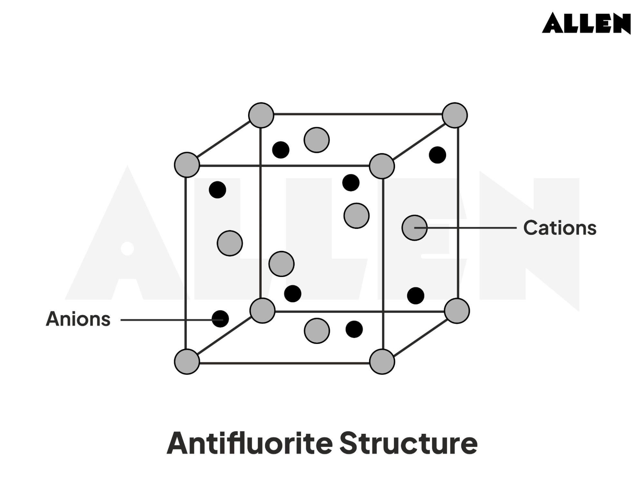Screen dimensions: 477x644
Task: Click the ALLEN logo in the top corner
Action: pos(586,23)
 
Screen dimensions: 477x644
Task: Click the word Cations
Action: pos(560,228)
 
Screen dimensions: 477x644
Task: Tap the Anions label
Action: pos(78,319)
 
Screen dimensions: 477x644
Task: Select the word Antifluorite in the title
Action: pos(249,444)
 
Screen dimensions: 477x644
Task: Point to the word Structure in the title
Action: pos(408,444)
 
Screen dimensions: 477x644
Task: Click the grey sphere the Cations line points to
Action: pos(414,228)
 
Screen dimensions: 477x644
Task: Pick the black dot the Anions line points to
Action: pos(220,319)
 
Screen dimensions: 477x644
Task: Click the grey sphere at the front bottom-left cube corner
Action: pos(187,361)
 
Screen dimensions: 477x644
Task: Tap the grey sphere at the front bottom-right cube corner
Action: pos(382,361)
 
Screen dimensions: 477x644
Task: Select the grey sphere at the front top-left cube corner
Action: pos(187,165)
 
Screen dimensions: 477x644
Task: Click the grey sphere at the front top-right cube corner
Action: pos(382,166)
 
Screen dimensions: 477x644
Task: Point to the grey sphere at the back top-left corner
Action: pos(261,115)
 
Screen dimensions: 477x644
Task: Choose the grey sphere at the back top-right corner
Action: pos(455,115)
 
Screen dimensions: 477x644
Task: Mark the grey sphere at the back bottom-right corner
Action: pos(457,311)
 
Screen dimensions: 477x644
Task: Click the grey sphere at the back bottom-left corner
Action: pos(263,310)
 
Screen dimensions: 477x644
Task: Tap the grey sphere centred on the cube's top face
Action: pos(317,140)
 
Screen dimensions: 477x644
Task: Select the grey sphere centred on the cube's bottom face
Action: pos(317,331)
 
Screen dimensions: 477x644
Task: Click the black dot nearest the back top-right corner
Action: pos(437,155)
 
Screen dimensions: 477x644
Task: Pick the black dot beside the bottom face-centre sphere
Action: pos(354,329)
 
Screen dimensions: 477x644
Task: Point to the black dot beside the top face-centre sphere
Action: pos(281,150)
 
